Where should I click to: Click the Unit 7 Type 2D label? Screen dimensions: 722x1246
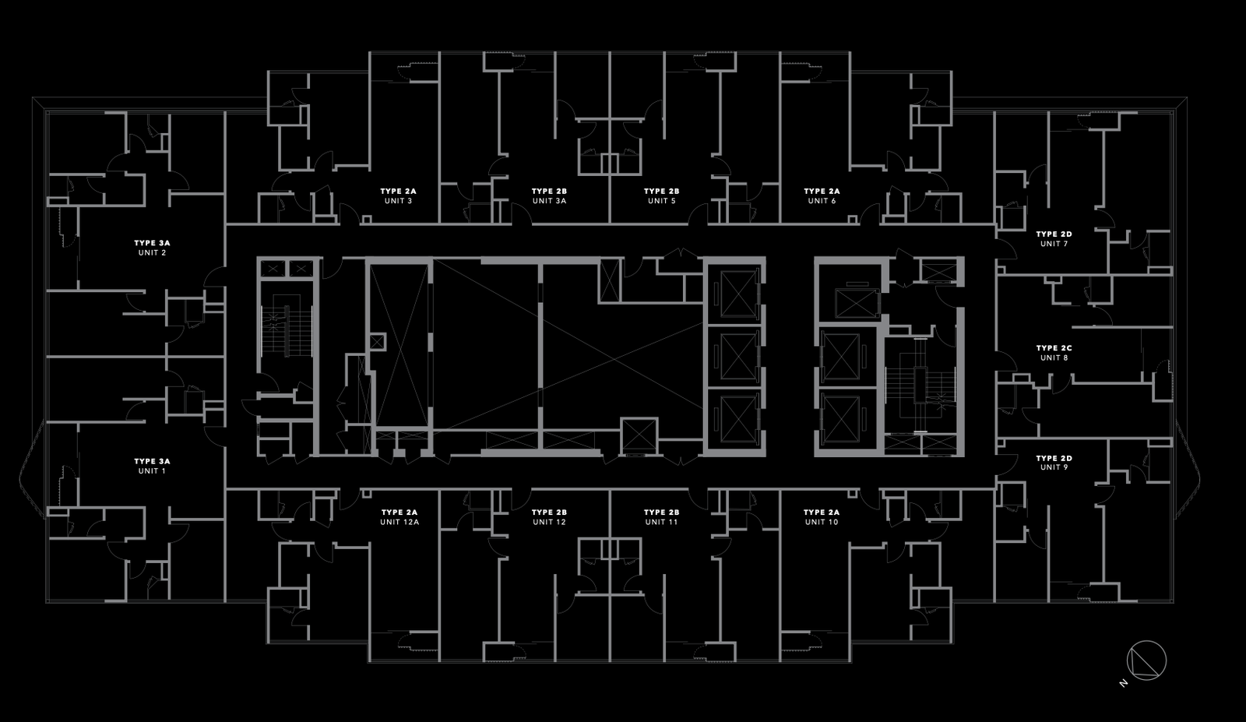coord(1054,239)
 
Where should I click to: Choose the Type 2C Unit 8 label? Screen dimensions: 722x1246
coord(1054,353)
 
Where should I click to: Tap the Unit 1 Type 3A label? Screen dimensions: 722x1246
coord(152,466)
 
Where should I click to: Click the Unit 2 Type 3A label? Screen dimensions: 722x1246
coord(152,248)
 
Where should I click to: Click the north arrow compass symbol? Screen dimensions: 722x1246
coord(1148,660)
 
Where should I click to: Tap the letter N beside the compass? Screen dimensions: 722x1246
coord(1124,683)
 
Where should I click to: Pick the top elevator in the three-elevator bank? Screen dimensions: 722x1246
coord(737,294)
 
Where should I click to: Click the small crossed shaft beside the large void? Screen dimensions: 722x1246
coord(378,341)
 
